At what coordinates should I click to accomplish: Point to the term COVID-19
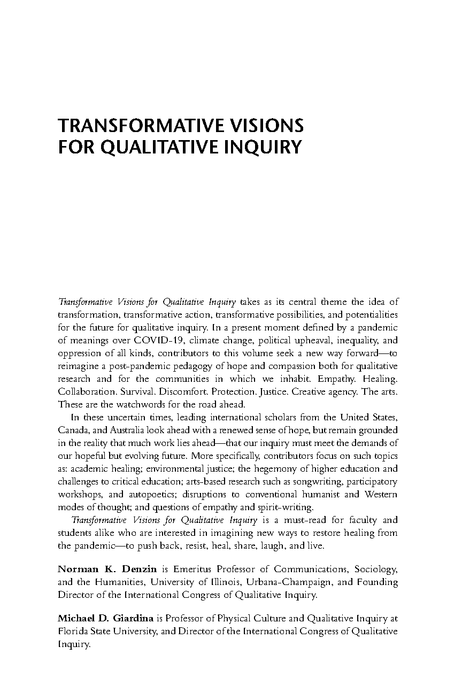159,340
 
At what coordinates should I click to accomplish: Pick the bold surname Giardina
133,619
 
